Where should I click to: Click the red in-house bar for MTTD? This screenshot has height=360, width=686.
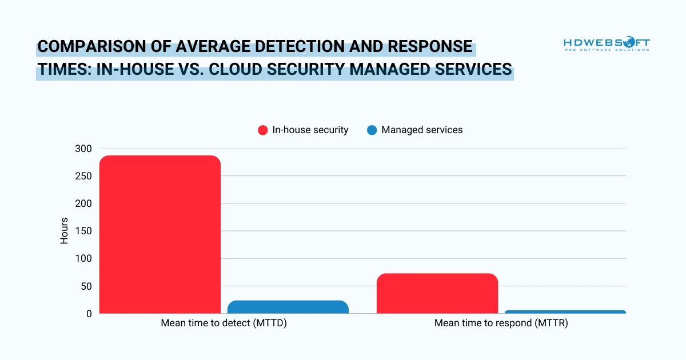tap(160, 234)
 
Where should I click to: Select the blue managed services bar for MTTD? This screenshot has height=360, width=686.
tap(288, 307)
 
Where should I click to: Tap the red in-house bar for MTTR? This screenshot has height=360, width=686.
tap(437, 293)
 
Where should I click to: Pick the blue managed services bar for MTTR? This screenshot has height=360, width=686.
tap(565, 312)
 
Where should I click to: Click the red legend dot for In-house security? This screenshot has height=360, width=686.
tap(263, 130)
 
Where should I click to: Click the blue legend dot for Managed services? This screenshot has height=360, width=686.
tap(372, 130)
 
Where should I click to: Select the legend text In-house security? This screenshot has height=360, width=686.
tap(310, 130)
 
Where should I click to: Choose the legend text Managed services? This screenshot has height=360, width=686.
tap(422, 130)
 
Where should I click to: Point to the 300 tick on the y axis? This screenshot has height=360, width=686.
tap(83, 149)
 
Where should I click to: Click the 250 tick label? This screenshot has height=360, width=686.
tap(83, 176)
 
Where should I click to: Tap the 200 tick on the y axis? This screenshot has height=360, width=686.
tap(83, 203)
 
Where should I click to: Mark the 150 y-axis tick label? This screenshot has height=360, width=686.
tap(83, 231)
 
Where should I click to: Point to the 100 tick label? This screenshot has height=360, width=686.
tap(83, 258)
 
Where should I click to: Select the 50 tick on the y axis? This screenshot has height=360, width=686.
tap(86, 286)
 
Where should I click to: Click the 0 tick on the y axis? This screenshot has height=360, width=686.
tap(89, 313)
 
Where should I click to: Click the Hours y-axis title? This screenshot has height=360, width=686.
tap(64, 231)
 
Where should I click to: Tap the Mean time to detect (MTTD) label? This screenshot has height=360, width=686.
tap(224, 323)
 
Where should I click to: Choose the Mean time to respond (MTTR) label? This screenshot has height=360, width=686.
tap(501, 323)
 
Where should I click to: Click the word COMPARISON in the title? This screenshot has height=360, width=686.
tap(87, 47)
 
